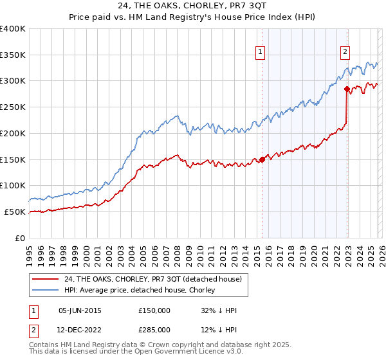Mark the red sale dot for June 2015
point(262,160)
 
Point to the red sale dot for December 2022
point(347,89)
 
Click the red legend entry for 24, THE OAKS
point(152,279)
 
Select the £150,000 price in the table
point(154,310)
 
